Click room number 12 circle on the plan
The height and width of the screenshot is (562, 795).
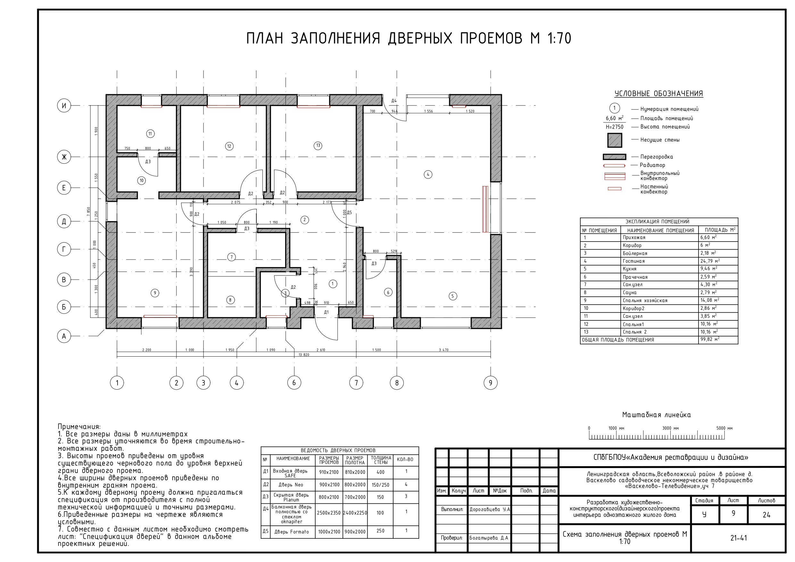click(229, 146)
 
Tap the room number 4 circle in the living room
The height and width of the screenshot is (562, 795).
click(428, 175)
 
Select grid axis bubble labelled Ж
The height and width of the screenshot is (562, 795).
click(64, 157)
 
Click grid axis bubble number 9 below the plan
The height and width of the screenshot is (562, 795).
click(490, 383)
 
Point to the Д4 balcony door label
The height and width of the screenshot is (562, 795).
click(394, 101)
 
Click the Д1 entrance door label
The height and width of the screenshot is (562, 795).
click(326, 312)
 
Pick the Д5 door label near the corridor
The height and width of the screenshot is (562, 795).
click(349, 213)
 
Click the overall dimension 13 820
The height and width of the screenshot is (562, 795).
click(304, 355)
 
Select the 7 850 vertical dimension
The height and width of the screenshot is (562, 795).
click(89, 211)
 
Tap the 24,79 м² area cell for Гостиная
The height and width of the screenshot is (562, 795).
click(710, 261)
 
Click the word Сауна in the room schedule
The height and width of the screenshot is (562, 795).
click(629, 292)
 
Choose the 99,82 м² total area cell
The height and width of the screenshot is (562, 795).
click(710, 339)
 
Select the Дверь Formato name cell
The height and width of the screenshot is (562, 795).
click(292, 532)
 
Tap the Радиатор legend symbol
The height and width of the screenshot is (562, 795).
click(614, 166)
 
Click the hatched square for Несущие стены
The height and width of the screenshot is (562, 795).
click(615, 140)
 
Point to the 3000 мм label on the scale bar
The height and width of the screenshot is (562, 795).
click(670, 428)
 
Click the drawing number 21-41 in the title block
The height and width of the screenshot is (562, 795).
click(739, 538)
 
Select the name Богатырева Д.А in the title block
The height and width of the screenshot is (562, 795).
click(489, 538)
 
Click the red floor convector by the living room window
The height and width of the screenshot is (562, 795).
click(485, 209)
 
